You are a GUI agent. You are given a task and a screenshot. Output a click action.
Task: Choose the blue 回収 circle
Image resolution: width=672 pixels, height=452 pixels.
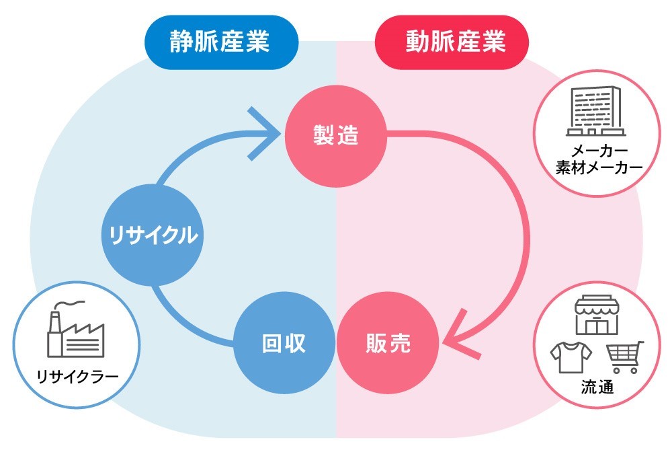pyautogui.click(x=284, y=344)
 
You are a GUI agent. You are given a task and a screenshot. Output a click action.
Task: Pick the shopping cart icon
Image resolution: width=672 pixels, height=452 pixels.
pyautogui.click(x=624, y=356)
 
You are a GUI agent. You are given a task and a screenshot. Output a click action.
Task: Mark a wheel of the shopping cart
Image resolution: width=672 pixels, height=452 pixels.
pyautogui.click(x=616, y=370)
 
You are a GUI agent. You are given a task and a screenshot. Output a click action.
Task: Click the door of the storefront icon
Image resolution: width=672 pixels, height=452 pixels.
pyautogui.click(x=596, y=325)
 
